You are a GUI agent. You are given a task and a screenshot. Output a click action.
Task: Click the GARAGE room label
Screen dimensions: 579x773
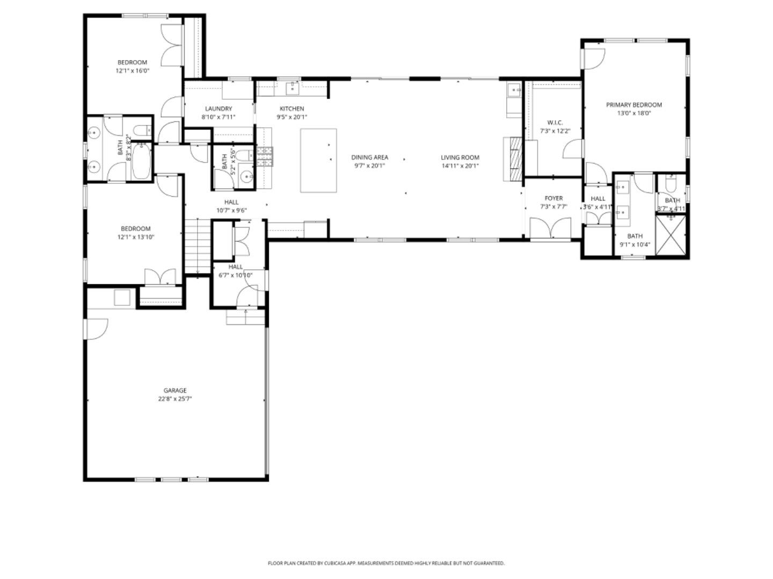tap(175, 390)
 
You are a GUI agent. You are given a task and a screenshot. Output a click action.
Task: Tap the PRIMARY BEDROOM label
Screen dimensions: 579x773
tap(633, 105)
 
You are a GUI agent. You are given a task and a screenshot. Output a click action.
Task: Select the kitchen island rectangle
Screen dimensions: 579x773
tap(318, 160)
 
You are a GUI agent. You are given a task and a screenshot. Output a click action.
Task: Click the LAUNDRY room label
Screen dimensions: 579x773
tap(218, 108)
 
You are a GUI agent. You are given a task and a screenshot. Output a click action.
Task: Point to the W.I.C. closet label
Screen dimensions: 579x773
tap(555, 122)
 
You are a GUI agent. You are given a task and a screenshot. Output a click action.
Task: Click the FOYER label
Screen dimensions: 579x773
tap(553, 198)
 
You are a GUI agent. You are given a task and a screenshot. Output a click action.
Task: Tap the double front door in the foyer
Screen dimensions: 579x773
tap(550, 229)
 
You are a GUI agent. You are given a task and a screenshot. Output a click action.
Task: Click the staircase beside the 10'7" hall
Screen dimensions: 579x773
tap(196, 246)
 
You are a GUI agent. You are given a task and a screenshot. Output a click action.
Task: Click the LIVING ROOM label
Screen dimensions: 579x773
tap(460, 157)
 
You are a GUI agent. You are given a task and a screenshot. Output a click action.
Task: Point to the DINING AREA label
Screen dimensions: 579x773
tap(369, 157)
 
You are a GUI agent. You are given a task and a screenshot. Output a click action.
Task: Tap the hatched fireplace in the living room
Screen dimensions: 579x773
tap(515, 159)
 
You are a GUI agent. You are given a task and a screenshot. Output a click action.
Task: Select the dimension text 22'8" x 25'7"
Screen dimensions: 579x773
tap(175, 399)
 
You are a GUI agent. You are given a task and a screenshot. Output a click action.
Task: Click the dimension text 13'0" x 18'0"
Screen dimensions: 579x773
tap(633, 113)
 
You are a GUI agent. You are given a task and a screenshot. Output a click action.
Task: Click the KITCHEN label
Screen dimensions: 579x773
tap(291, 108)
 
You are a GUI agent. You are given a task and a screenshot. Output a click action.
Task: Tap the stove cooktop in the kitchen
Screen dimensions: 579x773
tap(265, 157)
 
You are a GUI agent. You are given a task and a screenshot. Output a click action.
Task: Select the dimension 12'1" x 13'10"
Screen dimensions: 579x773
tap(135, 237)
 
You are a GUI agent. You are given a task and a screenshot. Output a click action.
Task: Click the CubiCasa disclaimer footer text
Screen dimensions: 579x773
tap(386, 563)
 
